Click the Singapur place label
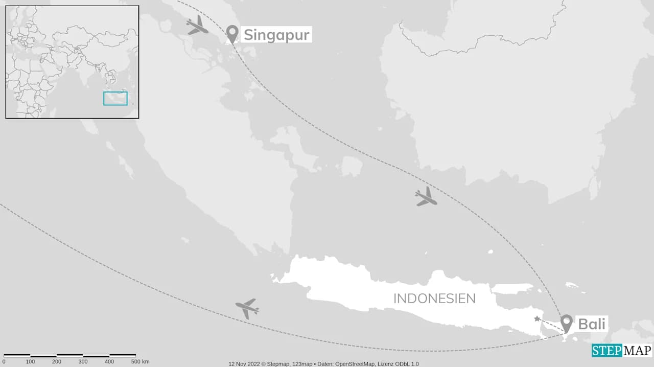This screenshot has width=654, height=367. pos(276,35)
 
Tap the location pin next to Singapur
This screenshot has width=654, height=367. pos(232,34)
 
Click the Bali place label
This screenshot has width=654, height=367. pos(592,324)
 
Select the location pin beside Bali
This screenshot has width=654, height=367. pos(566,323)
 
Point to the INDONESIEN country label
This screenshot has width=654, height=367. pos(434,299)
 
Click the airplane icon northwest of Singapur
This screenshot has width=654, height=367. pos(197,25)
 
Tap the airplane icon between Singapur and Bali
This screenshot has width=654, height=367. pos(426,197)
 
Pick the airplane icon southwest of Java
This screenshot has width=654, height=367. pos(247,308)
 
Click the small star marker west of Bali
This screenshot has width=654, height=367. pos(536,319)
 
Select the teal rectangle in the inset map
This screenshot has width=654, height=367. pos(115,98)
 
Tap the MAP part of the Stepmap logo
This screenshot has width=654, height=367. pos(637,351)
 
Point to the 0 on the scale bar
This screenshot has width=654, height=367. pos(4,362)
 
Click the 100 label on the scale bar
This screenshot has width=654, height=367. pos(30,362)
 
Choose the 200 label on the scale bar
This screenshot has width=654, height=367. pos(57,362)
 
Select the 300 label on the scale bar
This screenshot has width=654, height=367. pos(83,362)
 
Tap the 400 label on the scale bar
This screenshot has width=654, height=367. pos(110,362)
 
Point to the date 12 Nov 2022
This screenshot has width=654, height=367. pos(244,364)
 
